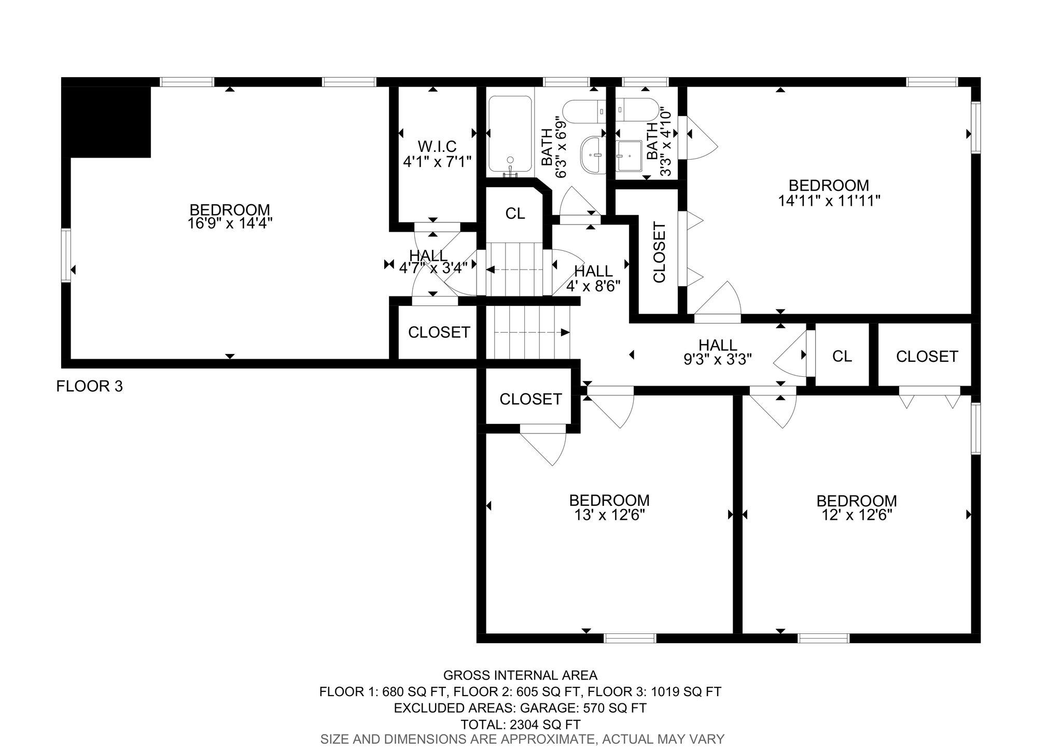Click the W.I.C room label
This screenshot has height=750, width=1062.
437,146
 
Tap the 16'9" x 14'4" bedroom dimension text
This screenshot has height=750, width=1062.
230,224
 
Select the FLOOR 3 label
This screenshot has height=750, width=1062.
90,386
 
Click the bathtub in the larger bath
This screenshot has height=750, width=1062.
510,134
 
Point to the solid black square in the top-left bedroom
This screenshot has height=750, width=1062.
106,122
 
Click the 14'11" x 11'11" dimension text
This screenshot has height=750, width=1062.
829,201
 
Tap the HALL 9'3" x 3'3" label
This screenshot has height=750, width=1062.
718,352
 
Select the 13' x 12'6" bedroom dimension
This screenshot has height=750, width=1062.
609,515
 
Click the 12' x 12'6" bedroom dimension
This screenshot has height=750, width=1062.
857,515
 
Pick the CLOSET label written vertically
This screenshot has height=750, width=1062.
659,252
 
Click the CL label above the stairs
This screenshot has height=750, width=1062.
515,214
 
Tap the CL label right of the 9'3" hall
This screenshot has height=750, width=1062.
842,356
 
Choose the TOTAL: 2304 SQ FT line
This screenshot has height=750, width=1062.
521,725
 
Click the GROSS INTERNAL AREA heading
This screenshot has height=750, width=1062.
520,675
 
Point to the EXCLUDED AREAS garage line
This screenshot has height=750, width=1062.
520,708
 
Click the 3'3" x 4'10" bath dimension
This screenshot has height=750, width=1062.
666,143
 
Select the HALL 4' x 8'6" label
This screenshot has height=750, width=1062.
594,278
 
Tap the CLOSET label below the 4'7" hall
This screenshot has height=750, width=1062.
439,332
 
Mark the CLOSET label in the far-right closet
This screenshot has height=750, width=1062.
927,356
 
